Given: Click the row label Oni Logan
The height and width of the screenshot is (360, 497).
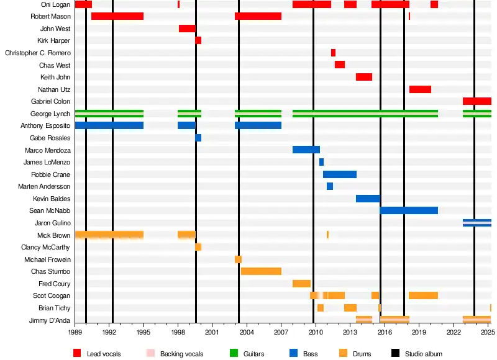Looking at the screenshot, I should tap(56, 4).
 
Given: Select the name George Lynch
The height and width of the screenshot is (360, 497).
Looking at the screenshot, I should tap(50, 114).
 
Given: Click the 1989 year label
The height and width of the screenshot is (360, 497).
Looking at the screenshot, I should tap(75, 332).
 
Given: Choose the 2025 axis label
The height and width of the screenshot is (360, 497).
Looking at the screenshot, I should tap(488, 332).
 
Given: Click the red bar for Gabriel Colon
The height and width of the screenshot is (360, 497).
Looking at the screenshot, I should tap(476, 101).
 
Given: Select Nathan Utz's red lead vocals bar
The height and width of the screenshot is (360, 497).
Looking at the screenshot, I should tap(420, 89).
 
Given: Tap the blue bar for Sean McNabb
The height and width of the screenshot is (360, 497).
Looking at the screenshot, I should tap(409, 210).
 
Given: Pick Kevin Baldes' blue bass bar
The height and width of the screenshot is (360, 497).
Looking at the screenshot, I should tap(368, 199).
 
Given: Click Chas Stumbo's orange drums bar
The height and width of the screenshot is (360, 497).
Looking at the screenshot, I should tap(261, 271).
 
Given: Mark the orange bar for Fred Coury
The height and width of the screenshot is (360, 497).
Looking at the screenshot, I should tap(301, 284).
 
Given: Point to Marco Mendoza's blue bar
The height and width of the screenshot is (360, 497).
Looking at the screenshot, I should tap(306, 150).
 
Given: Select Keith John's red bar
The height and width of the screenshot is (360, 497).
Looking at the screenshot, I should tap(364, 77).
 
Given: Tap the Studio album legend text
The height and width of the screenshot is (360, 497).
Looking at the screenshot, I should tap(424, 354).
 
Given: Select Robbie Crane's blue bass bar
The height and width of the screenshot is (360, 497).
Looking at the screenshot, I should tap(340, 174).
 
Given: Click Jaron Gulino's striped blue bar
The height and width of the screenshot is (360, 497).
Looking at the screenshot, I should tap(476, 223).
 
